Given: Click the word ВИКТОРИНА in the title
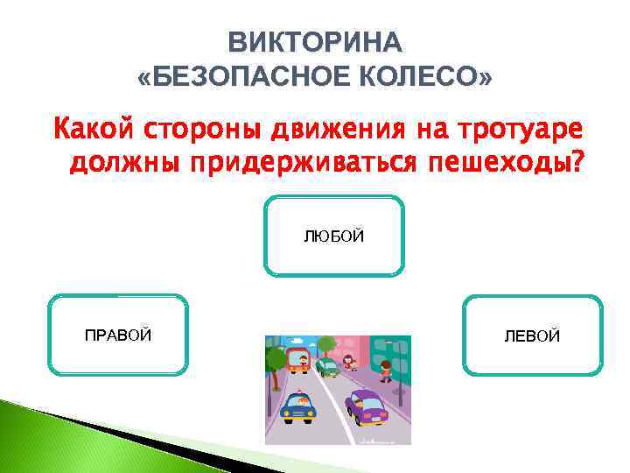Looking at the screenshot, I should tap(315, 41).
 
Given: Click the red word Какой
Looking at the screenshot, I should tap(90, 129).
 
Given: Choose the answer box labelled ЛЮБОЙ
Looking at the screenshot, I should tap(333, 236).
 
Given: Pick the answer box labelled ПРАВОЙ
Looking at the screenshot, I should tap(119, 335).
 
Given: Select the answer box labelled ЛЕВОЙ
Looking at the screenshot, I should tap(532, 335).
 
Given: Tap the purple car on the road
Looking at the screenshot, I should tap(367, 406).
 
